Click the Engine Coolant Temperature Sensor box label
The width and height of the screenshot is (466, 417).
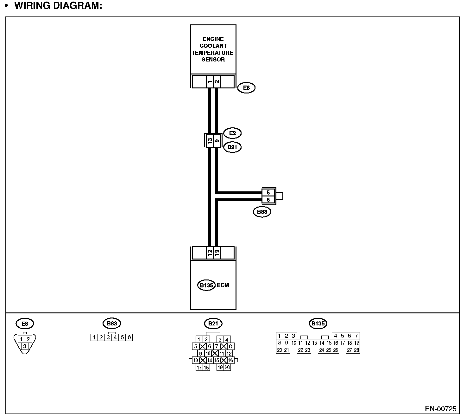(x=213, y=49)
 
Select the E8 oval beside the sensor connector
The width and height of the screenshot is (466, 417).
(x=246, y=88)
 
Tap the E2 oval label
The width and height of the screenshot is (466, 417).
(x=232, y=133)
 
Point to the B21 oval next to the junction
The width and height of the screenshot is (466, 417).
(x=232, y=147)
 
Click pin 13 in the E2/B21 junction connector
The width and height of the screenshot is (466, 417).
(x=210, y=140)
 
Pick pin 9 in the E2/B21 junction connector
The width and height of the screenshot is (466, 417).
(x=217, y=140)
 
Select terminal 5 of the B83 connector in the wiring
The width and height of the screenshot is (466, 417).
(x=268, y=193)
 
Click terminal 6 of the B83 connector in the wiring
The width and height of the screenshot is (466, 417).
(x=268, y=200)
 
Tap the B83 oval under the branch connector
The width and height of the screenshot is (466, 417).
(x=262, y=212)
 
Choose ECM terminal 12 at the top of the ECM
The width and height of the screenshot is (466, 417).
(x=210, y=253)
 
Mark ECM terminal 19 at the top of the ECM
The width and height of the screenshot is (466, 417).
(x=217, y=253)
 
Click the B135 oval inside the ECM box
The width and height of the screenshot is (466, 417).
(x=206, y=285)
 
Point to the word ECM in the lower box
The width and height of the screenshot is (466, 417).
(x=223, y=285)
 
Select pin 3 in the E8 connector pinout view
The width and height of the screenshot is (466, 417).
(x=24, y=346)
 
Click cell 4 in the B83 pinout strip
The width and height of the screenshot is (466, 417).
(x=115, y=337)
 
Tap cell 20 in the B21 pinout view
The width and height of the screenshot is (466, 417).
(x=227, y=368)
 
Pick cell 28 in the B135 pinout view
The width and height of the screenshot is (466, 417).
(x=356, y=350)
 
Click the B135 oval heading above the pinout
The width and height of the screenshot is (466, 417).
(x=318, y=324)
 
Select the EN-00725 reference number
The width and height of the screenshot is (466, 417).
(x=441, y=409)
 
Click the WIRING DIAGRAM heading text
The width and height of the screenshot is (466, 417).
(x=58, y=6)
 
